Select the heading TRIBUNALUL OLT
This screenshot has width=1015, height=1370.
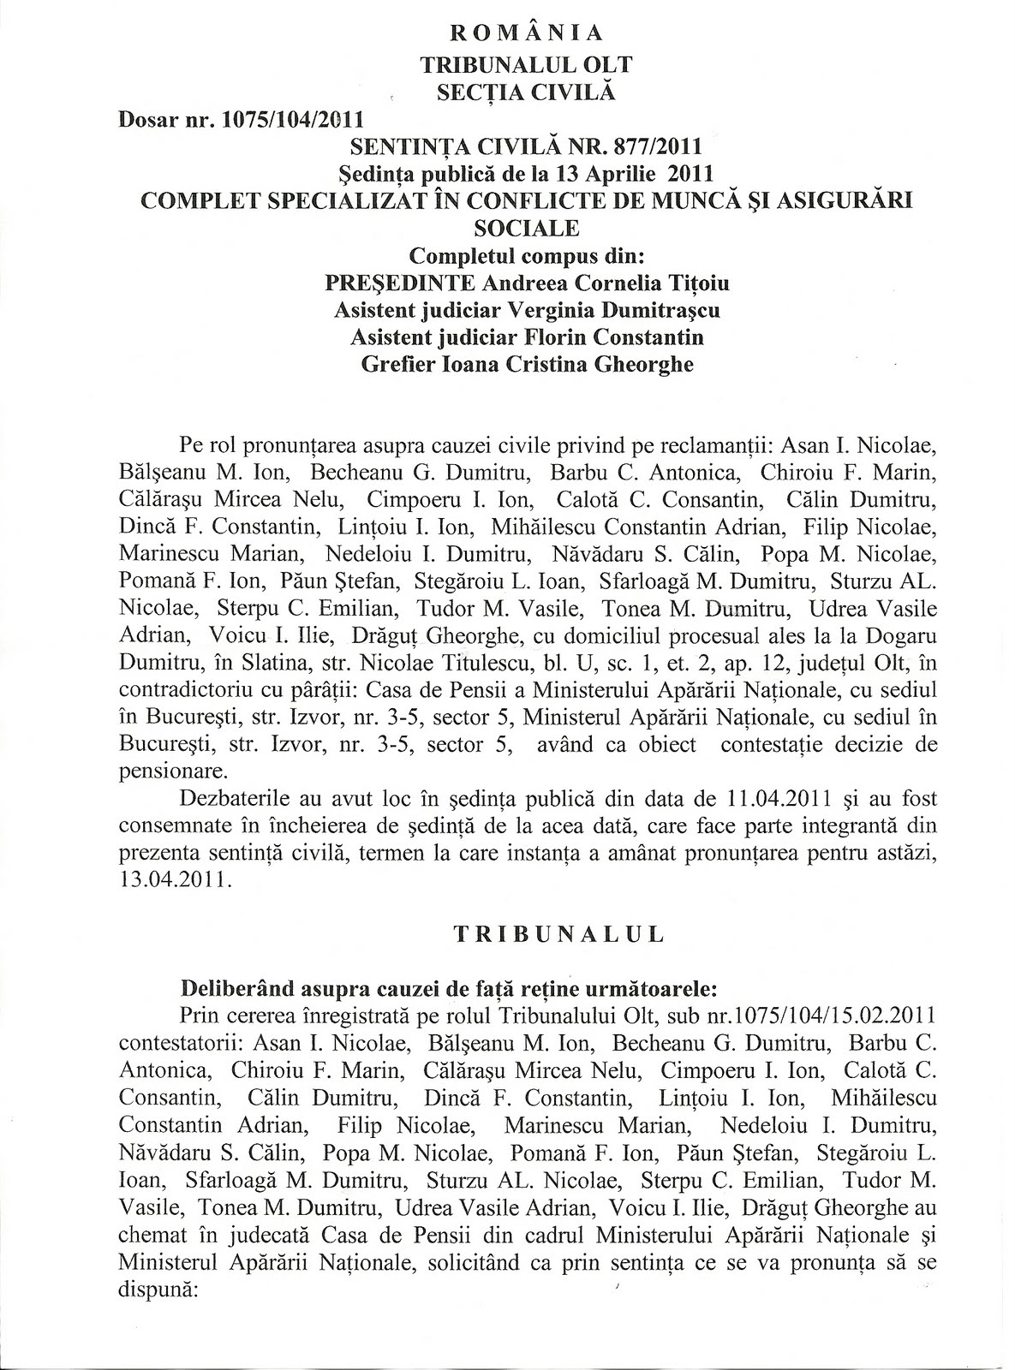[x=526, y=63]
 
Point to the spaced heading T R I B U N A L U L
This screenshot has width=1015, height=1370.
[x=559, y=934]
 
